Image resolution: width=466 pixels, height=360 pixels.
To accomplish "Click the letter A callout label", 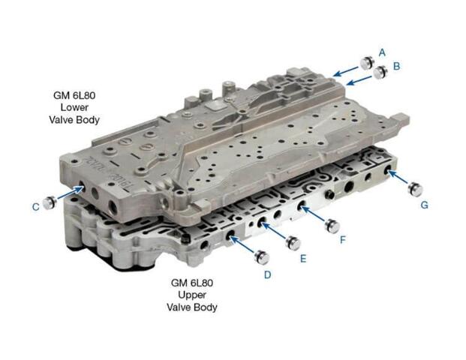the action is (382, 52).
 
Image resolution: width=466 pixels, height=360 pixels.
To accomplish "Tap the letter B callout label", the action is (396, 66).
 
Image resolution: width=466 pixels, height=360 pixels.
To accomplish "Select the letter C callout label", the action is (36, 207).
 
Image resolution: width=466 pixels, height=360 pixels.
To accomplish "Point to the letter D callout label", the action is (267, 275).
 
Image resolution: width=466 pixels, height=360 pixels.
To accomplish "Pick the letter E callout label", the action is (303, 259).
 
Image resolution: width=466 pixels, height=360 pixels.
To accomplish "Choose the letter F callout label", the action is (343, 240).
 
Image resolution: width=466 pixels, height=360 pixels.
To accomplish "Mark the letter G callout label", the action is (425, 205).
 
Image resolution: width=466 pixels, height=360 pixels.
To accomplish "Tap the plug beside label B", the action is (380, 72).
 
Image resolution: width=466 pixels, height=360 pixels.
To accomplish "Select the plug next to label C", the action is (50, 202).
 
